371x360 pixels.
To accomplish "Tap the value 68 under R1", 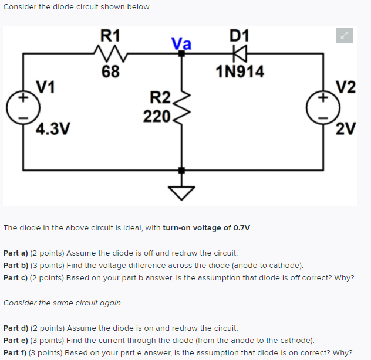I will [110, 72].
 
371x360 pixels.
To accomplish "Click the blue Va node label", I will [181, 43].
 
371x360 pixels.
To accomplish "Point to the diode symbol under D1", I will [239, 54].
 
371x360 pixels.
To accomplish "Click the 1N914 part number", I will [240, 72].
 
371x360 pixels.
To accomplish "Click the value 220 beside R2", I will [157, 116].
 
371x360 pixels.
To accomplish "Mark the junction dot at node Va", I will [181, 53].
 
